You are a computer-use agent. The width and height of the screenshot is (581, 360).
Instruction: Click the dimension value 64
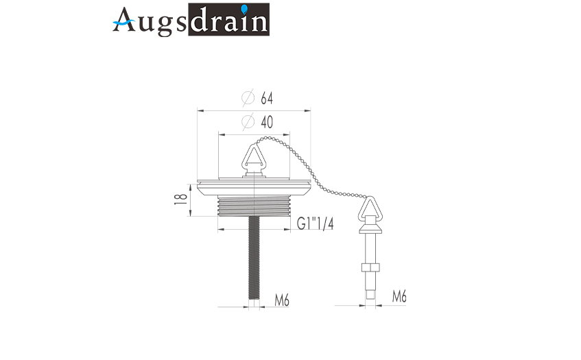[267, 99]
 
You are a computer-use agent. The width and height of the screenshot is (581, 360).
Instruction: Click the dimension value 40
[267, 122]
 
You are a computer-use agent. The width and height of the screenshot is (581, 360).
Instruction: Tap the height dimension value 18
[181, 200]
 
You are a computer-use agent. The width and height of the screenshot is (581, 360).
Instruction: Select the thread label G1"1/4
[316, 224]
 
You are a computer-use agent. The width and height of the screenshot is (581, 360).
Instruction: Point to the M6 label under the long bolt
[282, 300]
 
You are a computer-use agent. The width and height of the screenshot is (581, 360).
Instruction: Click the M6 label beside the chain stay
[399, 297]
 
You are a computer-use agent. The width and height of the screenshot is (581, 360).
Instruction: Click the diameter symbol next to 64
[248, 98]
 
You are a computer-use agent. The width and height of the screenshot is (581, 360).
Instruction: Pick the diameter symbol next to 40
[248, 121]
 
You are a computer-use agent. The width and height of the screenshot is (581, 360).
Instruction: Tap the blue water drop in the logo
[244, 9]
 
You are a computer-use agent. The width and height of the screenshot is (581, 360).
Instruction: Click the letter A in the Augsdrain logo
[124, 20]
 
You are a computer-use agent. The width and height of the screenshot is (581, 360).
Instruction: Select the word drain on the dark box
[229, 20]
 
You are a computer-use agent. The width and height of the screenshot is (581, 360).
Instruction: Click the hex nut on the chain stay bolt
[370, 267]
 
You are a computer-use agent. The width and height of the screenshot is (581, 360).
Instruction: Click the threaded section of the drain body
[254, 206]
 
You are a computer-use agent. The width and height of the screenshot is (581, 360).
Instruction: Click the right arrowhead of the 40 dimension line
[287, 134]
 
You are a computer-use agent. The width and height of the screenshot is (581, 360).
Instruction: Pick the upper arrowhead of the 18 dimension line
[190, 188]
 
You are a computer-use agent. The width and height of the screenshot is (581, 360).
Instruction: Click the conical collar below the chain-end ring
[370, 229]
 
